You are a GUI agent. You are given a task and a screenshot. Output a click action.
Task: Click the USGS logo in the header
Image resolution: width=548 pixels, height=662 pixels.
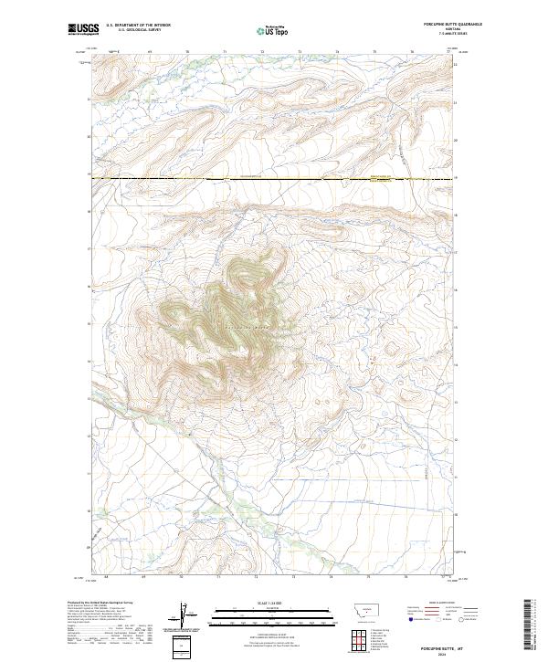pos(83,29)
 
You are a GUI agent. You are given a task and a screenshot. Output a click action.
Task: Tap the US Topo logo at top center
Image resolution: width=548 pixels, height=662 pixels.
pos(274,30)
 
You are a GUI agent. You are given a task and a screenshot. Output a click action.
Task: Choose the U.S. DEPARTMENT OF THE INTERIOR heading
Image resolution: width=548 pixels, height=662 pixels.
pos(138,26)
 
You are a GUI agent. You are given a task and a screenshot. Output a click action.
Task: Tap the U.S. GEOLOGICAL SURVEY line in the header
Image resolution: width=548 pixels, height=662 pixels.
pos(138,30)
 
